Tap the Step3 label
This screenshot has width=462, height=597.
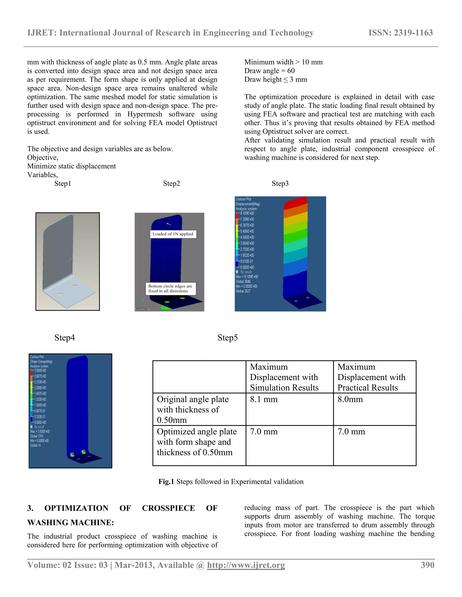(280, 183)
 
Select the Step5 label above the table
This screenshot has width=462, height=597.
(227, 338)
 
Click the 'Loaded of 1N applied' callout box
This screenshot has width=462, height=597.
(173, 234)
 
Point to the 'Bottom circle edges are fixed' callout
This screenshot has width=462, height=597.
(170, 288)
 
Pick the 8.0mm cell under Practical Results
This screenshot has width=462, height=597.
(350, 399)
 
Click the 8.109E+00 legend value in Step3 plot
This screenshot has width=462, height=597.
(247, 213)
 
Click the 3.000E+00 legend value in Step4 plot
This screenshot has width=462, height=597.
(40, 371)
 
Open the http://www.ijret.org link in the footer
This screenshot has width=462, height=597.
(246, 565)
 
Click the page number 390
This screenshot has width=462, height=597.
(427, 565)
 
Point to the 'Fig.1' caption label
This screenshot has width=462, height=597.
(166, 482)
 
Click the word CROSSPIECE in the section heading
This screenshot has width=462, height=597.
(168, 508)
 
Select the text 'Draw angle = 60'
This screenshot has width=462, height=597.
(269, 71)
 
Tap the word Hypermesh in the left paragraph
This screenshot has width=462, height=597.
(145, 114)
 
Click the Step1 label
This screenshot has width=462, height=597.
(63, 183)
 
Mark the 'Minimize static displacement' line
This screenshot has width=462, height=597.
(72, 166)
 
